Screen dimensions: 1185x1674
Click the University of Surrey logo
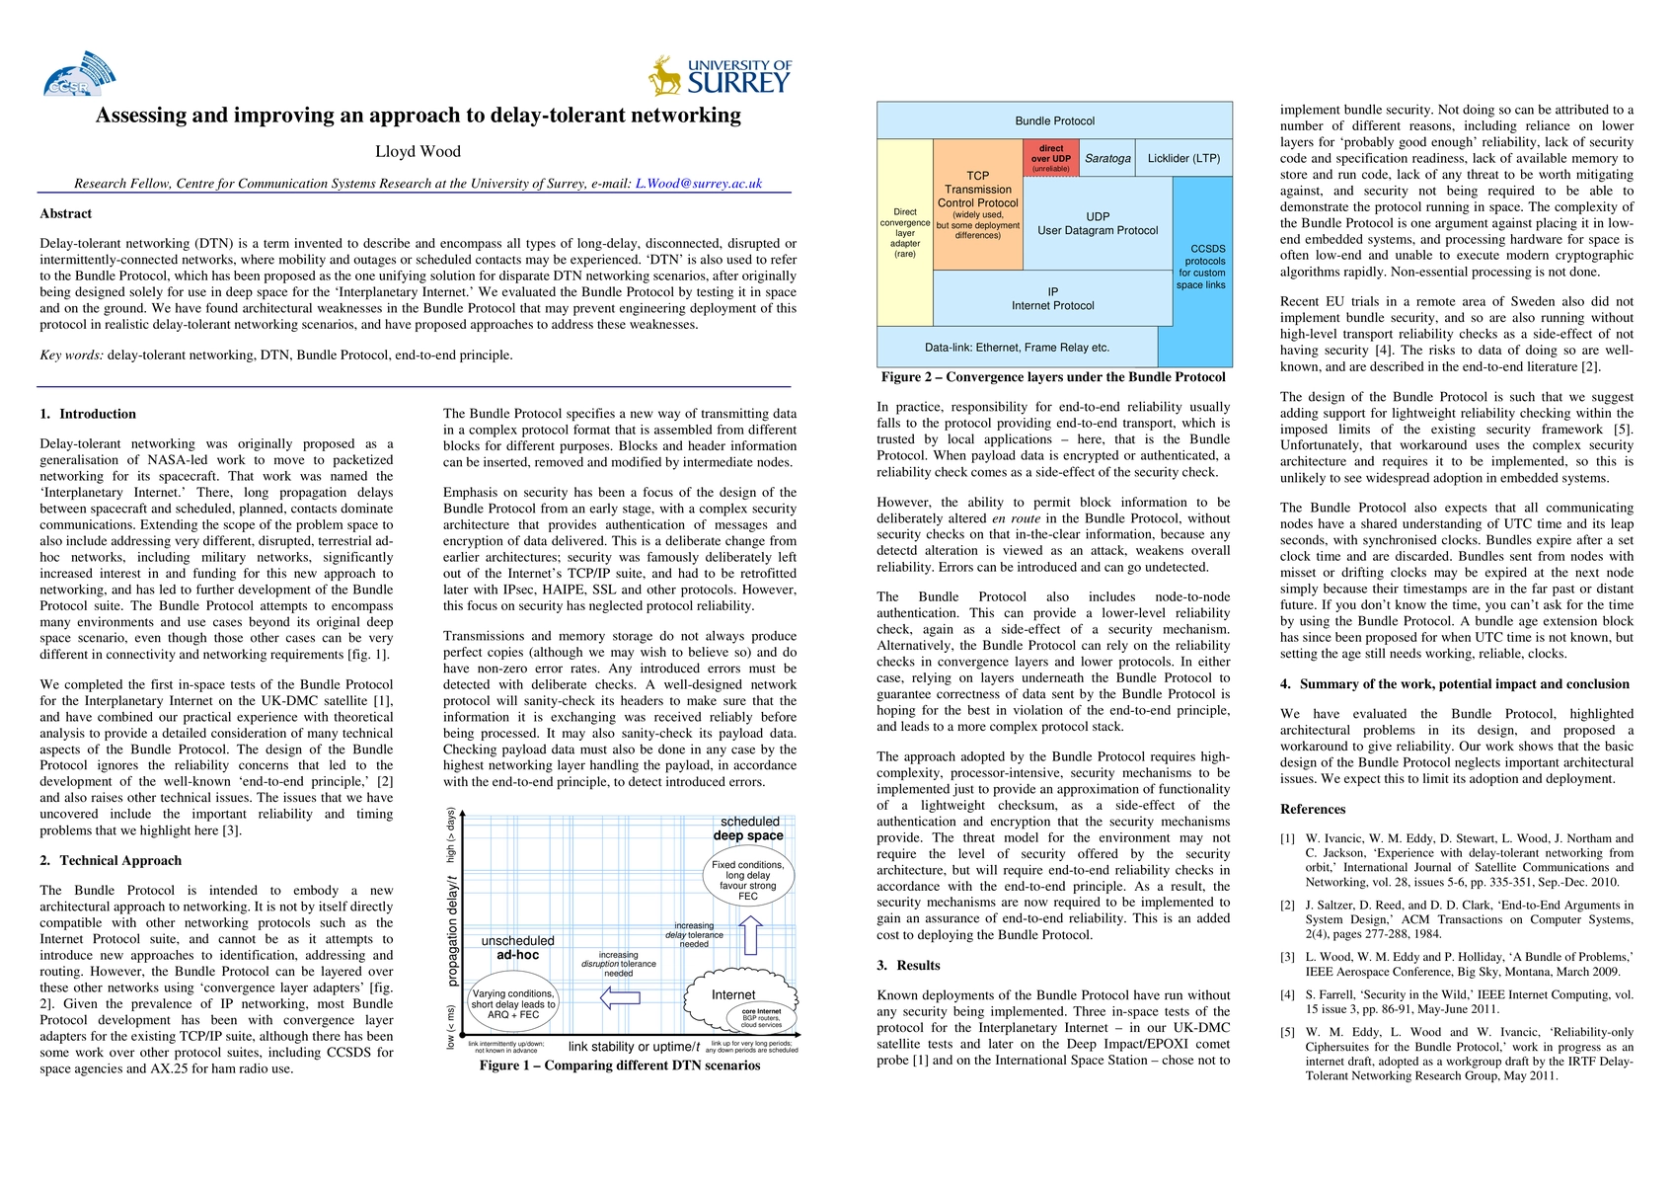click(x=720, y=76)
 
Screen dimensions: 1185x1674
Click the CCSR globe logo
click(x=78, y=74)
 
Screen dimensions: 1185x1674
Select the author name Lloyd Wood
click(x=418, y=151)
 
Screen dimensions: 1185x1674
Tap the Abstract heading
click(x=65, y=213)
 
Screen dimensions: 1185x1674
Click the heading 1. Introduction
click(x=88, y=414)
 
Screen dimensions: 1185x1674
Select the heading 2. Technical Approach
click(x=111, y=860)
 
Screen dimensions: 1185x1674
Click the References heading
click(x=1313, y=809)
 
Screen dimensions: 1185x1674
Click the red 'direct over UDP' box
click(x=1050, y=158)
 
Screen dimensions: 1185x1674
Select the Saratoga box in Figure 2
click(x=1107, y=158)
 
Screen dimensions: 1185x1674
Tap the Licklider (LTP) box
click(x=1183, y=158)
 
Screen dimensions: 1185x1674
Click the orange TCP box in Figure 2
click(x=977, y=205)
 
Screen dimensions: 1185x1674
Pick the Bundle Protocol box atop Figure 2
click(x=1054, y=120)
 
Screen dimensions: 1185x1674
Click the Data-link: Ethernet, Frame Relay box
click(x=1017, y=348)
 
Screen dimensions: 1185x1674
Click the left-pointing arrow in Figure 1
click(x=620, y=998)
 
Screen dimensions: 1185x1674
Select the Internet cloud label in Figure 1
click(x=733, y=994)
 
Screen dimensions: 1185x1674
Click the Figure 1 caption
click(x=619, y=1066)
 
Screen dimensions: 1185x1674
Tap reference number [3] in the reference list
click(x=1287, y=957)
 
